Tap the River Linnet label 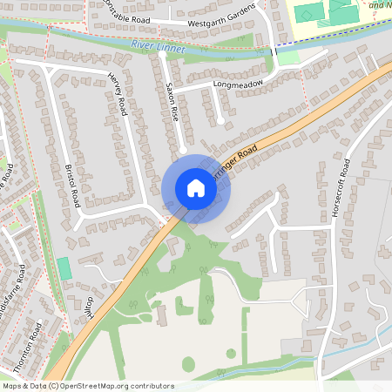pos(157,44)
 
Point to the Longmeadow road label pos(238,84)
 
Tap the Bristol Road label pos(73,183)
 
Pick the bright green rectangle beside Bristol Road pos(64,267)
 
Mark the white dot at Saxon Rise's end pos(183,150)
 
